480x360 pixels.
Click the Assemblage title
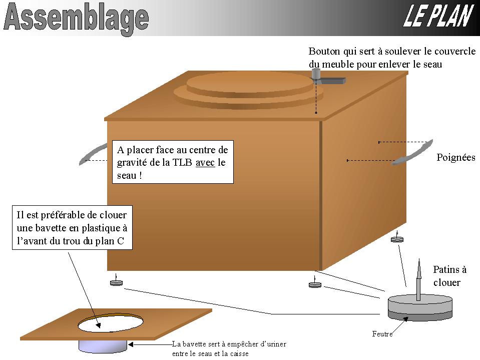76,19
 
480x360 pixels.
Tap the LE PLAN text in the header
438,16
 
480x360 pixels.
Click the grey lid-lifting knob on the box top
316,75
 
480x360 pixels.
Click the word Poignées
456,157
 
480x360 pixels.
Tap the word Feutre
382,333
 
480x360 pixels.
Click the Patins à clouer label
449,276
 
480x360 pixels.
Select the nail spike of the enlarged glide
419,279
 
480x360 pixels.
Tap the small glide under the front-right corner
315,284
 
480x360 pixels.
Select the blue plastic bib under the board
103,346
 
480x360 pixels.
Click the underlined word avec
205,163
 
